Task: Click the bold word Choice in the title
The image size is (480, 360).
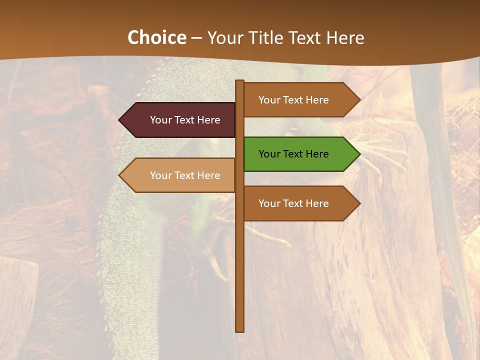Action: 156,38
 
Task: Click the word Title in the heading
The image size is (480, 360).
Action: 263,38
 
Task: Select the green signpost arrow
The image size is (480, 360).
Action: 300,154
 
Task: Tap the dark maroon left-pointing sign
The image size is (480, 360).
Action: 180,120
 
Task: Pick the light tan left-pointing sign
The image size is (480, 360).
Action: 180,175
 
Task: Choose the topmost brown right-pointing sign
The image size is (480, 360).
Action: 300,100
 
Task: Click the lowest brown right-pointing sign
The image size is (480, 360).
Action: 300,203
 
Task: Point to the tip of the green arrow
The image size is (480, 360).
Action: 359,154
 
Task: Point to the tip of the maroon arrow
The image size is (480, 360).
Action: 120,120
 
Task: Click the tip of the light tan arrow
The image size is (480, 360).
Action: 120,175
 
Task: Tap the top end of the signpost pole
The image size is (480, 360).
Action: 240,82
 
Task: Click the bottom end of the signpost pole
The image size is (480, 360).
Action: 240,330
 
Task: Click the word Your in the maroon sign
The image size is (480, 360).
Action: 160,120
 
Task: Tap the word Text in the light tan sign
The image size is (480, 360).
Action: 184,175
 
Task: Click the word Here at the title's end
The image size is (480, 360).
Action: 345,38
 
